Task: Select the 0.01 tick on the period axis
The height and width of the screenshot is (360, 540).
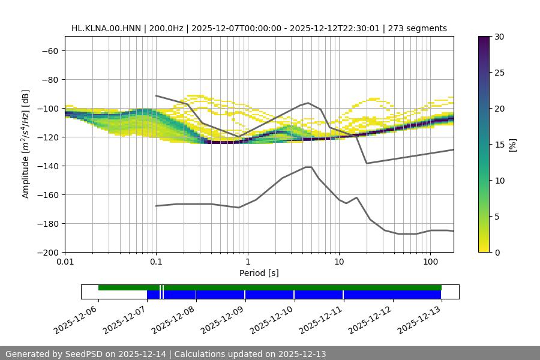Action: (x=65, y=262)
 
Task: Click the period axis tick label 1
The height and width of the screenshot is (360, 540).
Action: (x=247, y=262)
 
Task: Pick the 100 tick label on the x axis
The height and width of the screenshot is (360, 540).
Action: (x=430, y=262)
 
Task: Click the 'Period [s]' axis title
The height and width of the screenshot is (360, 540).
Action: (x=259, y=273)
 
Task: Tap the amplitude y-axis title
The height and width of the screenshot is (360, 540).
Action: (x=26, y=144)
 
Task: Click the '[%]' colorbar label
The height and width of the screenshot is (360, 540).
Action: (x=512, y=145)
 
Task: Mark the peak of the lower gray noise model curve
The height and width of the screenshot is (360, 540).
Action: (x=308, y=167)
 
